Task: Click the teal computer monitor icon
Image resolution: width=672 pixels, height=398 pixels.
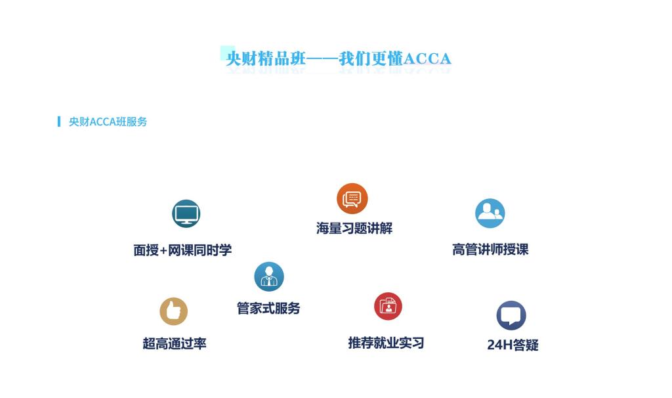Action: (186, 213)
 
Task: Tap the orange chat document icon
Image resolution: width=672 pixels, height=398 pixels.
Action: (352, 198)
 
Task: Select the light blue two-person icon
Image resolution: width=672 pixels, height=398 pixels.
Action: (490, 213)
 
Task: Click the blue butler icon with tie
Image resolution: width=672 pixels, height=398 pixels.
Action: (268, 276)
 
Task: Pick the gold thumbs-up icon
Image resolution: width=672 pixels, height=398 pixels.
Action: (173, 311)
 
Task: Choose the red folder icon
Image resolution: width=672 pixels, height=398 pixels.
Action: (388, 306)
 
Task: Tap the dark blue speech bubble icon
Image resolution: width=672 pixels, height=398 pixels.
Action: (511, 316)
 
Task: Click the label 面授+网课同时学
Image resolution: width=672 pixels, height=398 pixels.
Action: (182, 250)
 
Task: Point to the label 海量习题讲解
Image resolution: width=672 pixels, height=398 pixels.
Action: (354, 228)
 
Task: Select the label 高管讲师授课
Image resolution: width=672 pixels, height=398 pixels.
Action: (490, 249)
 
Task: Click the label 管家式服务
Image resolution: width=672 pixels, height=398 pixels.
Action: (268, 308)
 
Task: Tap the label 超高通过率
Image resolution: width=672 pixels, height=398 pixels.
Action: (175, 343)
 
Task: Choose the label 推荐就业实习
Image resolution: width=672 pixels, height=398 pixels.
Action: (386, 343)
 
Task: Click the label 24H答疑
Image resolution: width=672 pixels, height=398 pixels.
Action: (513, 345)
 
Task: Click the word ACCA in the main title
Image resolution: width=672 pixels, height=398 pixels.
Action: (427, 58)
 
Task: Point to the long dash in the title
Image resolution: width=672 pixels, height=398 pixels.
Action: (322, 58)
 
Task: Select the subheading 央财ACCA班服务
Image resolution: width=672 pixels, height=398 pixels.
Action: (108, 122)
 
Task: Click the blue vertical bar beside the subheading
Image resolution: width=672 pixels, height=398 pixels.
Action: (58, 122)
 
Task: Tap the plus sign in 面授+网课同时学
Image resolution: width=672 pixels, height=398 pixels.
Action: (163, 250)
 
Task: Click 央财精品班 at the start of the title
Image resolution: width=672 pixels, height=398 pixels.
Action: (266, 58)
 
